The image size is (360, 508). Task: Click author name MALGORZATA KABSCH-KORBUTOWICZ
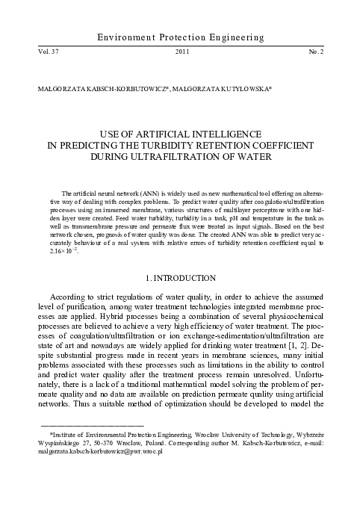click(90, 87)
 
